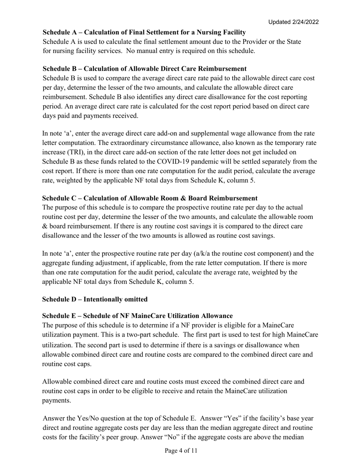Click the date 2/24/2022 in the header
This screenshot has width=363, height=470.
coord(305,22)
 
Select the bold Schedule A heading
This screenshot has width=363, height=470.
coord(144,32)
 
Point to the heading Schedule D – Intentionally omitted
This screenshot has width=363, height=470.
coord(94,299)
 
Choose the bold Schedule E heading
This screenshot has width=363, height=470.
coord(137,316)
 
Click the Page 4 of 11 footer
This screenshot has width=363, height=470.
coord(181,451)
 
